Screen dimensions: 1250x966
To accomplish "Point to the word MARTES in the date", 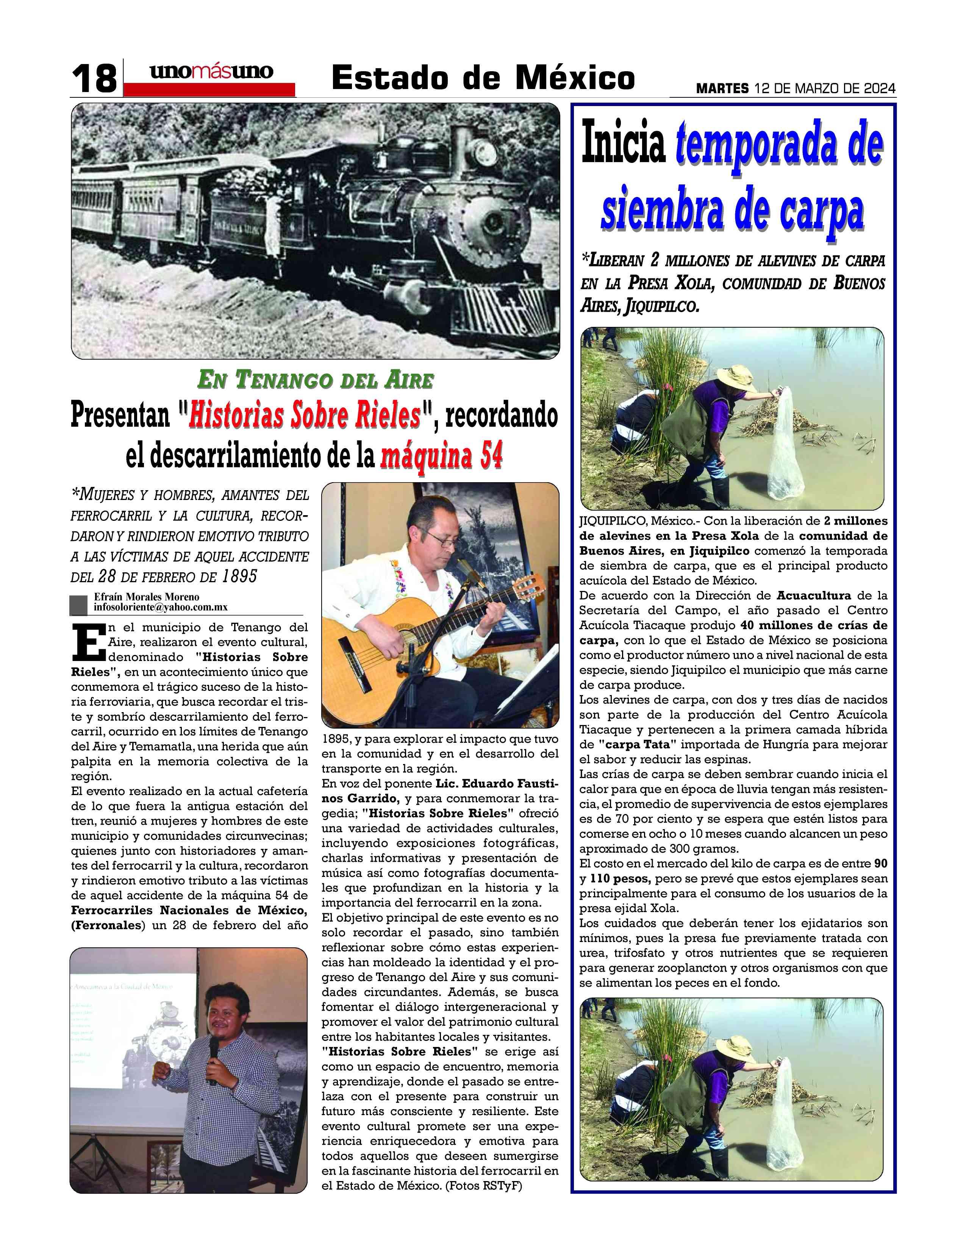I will (x=722, y=89).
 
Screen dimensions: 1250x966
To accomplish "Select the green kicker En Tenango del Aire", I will (x=315, y=380).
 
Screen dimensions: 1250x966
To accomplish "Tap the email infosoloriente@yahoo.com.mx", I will (x=161, y=607).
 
